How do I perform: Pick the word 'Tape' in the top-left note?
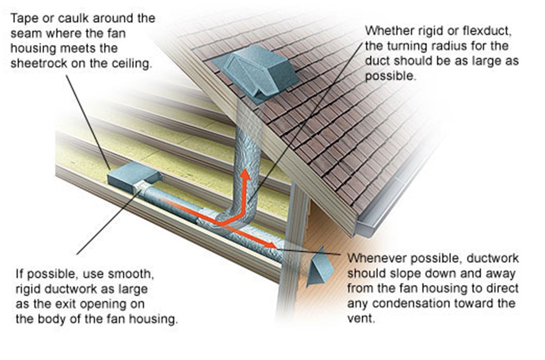[22, 18]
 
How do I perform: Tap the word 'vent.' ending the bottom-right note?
[360, 319]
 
